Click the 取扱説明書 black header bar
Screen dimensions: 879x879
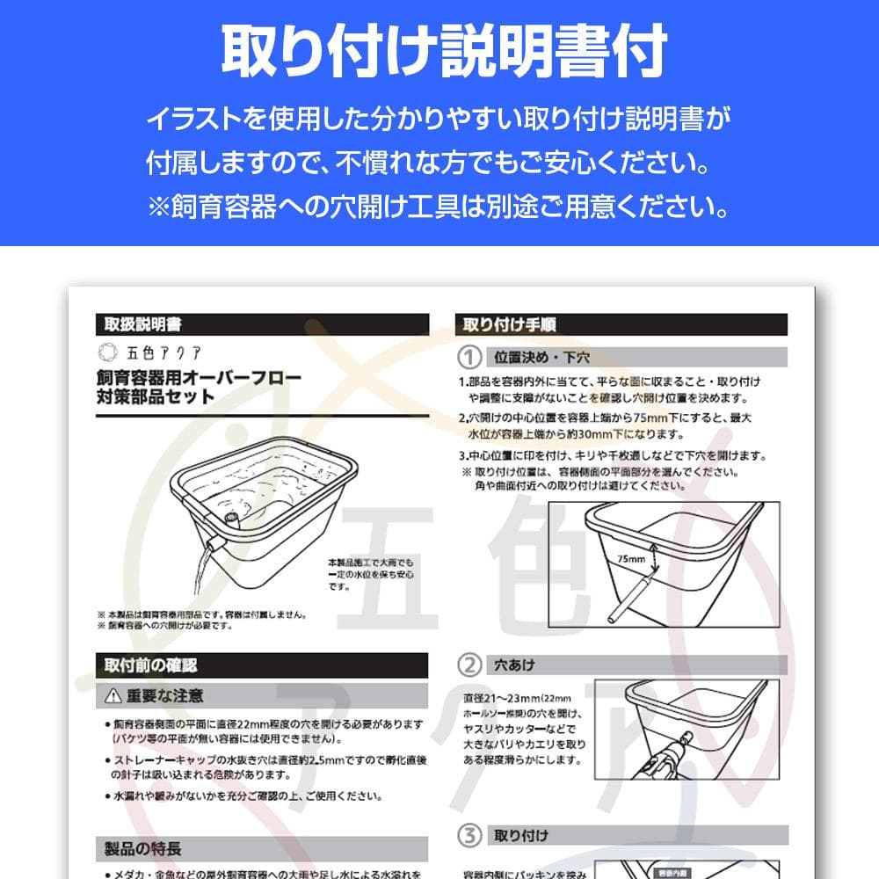point(262,324)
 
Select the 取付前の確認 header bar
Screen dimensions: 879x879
point(262,665)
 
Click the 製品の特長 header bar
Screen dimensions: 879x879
point(262,848)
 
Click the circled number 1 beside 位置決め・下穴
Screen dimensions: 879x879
point(472,358)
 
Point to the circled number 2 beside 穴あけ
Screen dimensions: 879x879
point(472,665)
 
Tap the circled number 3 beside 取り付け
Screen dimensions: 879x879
point(472,834)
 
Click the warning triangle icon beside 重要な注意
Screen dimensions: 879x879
point(113,696)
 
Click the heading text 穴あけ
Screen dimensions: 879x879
point(515,665)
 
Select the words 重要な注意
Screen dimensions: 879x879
point(165,696)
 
